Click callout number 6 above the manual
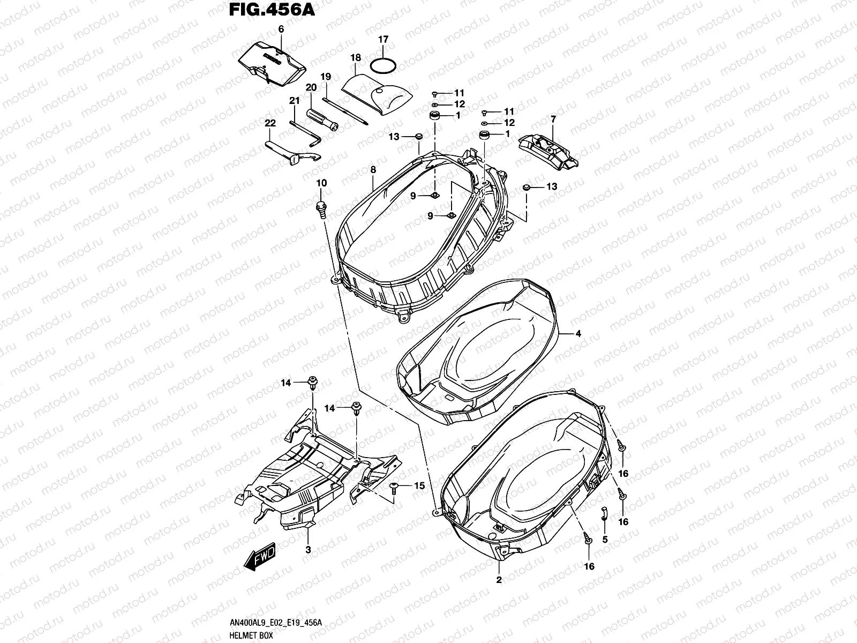[281, 29]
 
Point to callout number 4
[578, 333]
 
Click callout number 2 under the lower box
[499, 580]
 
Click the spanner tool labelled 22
[292, 153]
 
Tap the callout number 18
[355, 58]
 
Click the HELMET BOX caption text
[251, 635]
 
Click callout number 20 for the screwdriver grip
[311, 87]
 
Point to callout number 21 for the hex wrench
[294, 101]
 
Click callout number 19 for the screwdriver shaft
[326, 77]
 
